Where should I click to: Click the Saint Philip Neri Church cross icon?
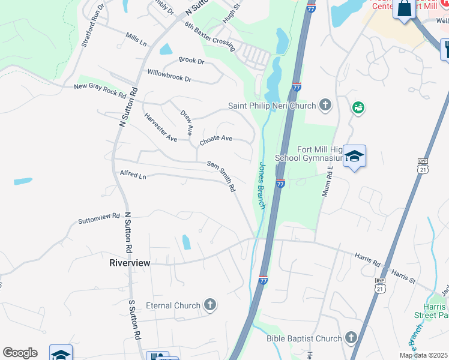(x=325, y=106)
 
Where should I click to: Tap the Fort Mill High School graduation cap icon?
(x=355, y=157)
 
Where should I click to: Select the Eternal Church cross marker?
(x=209, y=305)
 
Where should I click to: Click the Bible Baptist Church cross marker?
(x=351, y=338)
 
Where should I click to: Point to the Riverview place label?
(x=129, y=263)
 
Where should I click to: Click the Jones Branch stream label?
(x=262, y=184)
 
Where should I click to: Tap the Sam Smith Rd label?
(x=221, y=176)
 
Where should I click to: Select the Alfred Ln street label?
(x=133, y=176)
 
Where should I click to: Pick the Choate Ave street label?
(x=216, y=139)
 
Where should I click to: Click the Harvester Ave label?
(x=160, y=127)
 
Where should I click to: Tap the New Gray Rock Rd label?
(x=100, y=91)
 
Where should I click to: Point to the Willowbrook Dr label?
(x=169, y=75)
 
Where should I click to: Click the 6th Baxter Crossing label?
(x=209, y=35)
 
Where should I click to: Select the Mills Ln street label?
(x=136, y=40)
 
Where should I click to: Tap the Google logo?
(x=20, y=353)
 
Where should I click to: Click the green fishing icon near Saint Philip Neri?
(x=358, y=107)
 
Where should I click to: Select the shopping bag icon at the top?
(x=405, y=10)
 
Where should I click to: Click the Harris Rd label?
(x=367, y=259)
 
